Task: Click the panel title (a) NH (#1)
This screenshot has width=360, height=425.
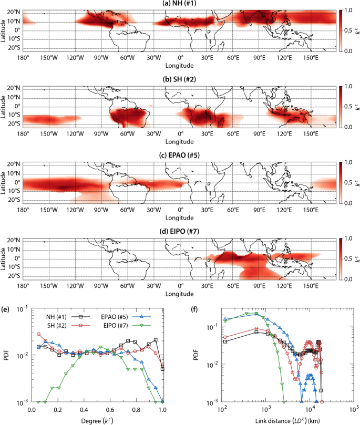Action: (180, 4)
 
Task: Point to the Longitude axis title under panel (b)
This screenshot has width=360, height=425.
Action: (180, 142)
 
